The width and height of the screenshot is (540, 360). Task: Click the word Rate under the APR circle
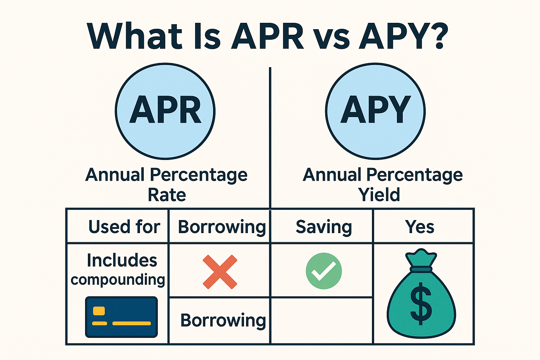coord(167,195)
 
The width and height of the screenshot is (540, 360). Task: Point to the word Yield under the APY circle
coord(379,195)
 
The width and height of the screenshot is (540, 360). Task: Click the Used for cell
coord(124,227)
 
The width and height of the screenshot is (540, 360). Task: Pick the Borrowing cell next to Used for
coord(221,227)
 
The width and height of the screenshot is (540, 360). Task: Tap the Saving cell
coord(323,227)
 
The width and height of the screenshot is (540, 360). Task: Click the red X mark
coord(220,272)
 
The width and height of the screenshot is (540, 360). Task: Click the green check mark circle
coord(323,271)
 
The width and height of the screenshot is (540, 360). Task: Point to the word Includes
coord(122,261)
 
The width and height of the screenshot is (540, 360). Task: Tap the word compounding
coord(118,280)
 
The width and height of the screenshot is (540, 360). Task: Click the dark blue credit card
coord(121,317)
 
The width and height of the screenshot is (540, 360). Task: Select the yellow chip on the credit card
coord(99,311)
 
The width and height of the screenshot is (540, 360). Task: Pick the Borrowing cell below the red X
coord(223,320)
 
